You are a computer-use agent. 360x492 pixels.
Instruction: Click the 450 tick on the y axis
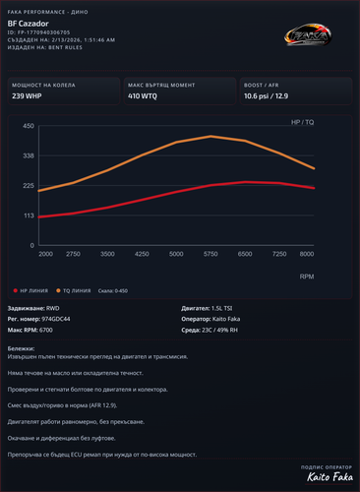pyautogui.click(x=29, y=126)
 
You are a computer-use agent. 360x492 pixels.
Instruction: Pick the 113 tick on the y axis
pyautogui.click(x=29, y=215)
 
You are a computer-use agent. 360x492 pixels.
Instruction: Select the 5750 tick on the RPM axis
pyautogui.click(x=210, y=254)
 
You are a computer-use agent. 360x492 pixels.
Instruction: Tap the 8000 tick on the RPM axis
pyautogui.click(x=307, y=254)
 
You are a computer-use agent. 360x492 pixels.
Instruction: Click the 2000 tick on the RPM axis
pyautogui.click(x=45, y=254)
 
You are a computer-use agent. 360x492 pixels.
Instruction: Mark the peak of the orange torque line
pyautogui.click(x=210, y=137)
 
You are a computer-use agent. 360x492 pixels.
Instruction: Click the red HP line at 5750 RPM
pyautogui.click(x=210, y=185)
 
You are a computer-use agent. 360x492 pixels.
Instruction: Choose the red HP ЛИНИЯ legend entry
pyautogui.click(x=33, y=290)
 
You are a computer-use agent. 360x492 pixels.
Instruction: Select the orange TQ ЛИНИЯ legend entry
pyautogui.click(x=81, y=290)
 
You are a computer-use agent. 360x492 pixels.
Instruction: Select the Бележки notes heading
pyautogui.click(x=21, y=348)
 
